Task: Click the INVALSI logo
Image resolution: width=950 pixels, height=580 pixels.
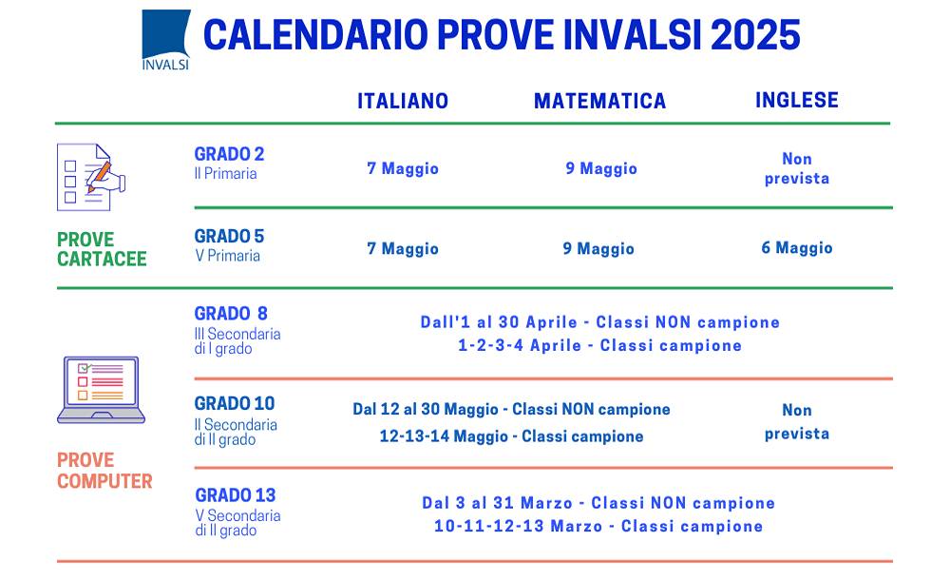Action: [165, 40]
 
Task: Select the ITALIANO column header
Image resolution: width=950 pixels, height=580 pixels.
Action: [403, 101]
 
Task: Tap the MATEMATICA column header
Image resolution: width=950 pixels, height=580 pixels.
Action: [599, 101]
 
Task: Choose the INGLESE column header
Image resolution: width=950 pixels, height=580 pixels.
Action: [797, 100]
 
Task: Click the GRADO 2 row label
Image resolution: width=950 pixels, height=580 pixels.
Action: [229, 154]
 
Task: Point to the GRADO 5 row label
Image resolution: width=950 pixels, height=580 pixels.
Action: [229, 236]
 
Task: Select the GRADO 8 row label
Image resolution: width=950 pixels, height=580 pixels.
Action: [231, 314]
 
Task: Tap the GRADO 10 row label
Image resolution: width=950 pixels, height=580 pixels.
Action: [234, 403]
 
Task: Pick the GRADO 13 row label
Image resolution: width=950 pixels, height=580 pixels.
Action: [235, 494]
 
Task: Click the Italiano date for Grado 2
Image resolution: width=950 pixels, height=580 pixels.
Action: [403, 168]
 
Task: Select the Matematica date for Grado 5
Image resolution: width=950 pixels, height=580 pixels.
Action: [598, 249]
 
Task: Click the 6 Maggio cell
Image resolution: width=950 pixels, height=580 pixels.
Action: [797, 248]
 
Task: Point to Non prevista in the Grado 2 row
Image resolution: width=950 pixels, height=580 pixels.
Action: [797, 168]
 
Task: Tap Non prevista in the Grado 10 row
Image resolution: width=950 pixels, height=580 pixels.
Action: [797, 421]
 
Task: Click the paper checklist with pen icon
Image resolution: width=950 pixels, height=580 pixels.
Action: [91, 176]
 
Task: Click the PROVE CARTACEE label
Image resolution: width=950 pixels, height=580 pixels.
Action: [102, 249]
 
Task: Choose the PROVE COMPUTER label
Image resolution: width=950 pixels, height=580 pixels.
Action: [104, 471]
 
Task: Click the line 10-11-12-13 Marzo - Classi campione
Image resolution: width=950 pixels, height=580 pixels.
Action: [598, 526]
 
